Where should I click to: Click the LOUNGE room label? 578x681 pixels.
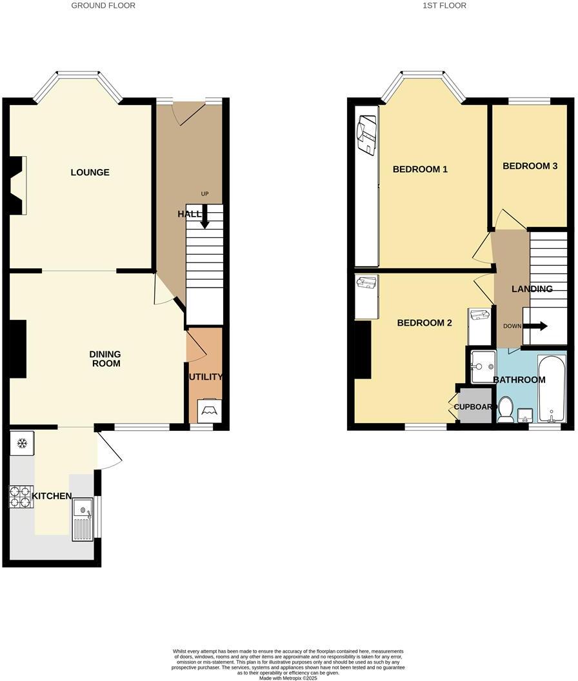(x=90, y=172)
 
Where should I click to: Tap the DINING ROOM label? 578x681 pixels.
(x=105, y=359)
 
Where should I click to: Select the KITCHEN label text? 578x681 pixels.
(x=53, y=496)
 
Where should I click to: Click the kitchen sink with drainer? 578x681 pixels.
(x=83, y=519)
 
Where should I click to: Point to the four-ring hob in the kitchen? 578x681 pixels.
(x=21, y=496)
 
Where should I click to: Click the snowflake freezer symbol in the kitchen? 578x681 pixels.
(x=21, y=443)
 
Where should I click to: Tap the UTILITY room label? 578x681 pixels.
(x=205, y=377)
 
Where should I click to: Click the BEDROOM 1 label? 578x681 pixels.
(x=420, y=170)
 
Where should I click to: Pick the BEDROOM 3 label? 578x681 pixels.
(x=530, y=166)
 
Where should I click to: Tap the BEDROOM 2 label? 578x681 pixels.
(x=424, y=323)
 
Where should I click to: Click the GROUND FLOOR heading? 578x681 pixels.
(x=103, y=5)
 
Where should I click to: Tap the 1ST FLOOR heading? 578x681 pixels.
(x=444, y=5)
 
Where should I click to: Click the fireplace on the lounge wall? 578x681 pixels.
(x=19, y=185)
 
